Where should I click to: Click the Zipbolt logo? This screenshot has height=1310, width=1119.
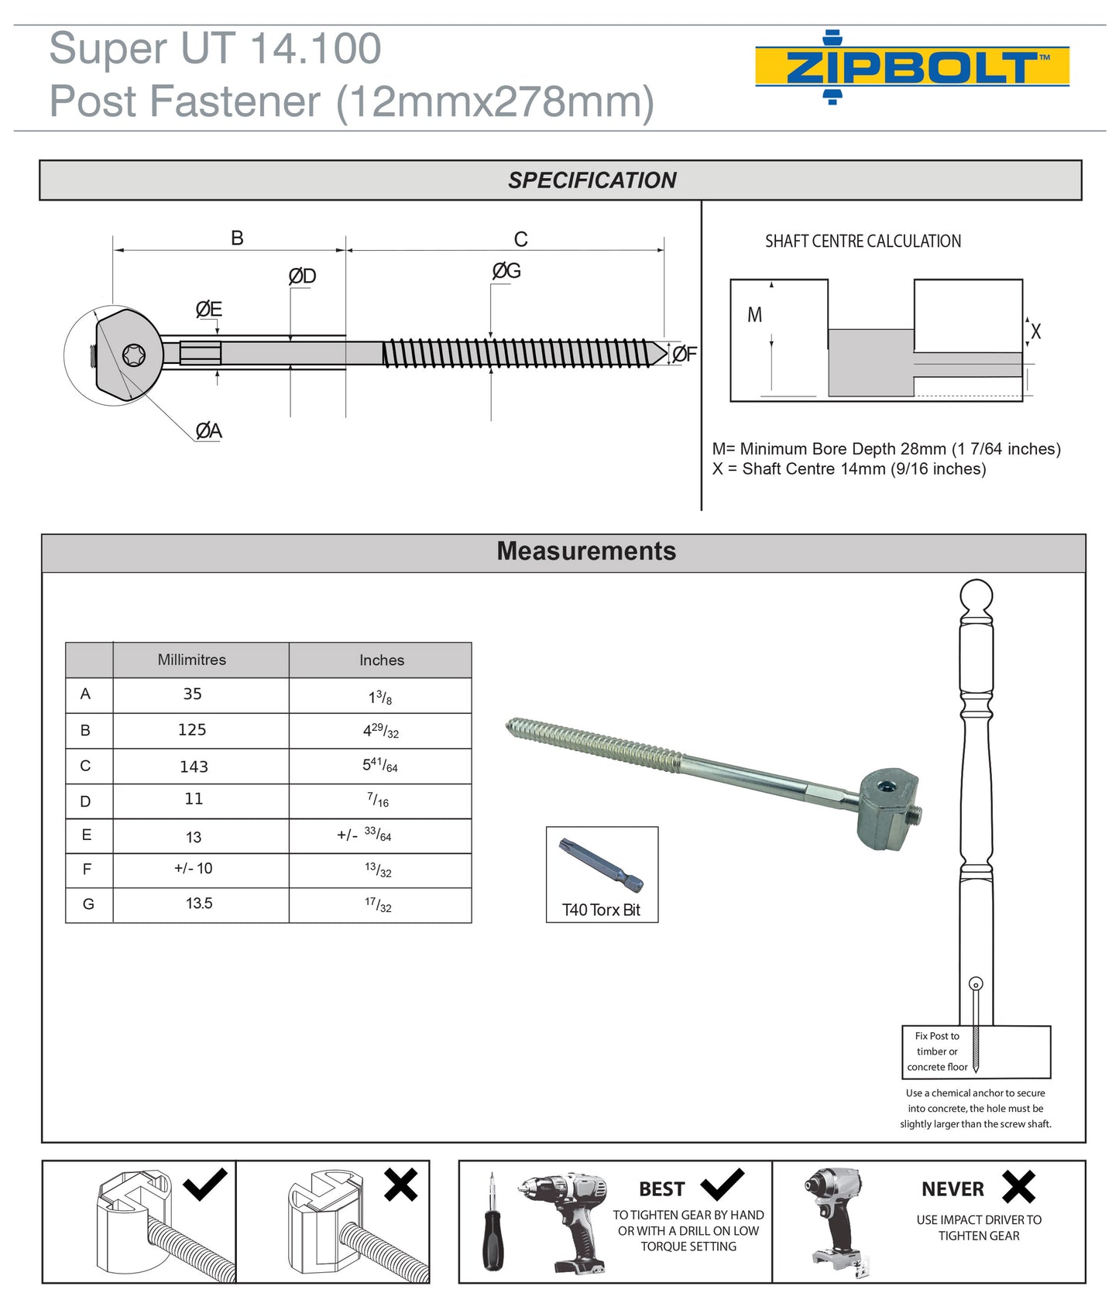click(x=911, y=67)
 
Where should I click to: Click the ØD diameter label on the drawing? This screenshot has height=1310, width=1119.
click(x=302, y=276)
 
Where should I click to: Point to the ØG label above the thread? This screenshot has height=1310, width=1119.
click(x=506, y=271)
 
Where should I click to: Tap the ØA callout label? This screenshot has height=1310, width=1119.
click(x=208, y=430)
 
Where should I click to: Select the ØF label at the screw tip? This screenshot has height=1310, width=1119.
click(x=685, y=354)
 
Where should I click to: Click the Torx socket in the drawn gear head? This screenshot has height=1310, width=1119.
click(x=134, y=355)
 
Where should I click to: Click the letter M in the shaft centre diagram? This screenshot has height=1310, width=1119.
click(x=754, y=315)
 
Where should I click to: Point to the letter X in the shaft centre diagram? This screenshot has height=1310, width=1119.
click(x=1035, y=331)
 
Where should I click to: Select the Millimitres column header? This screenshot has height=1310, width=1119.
click(x=192, y=660)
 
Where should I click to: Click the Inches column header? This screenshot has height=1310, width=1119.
click(x=381, y=660)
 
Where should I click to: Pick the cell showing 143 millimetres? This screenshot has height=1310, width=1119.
click(x=194, y=766)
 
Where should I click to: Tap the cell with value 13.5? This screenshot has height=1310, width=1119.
click(x=199, y=904)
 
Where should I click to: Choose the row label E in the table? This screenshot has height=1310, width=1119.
click(x=87, y=835)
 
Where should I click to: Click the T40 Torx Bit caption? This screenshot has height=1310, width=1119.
click(x=601, y=910)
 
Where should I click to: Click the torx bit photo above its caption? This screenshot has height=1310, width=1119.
click(x=600, y=865)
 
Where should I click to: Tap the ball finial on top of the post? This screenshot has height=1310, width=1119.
click(x=976, y=597)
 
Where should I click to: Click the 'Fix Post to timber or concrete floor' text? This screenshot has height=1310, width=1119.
click(x=937, y=1051)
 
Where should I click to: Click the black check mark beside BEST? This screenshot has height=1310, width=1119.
click(x=722, y=1185)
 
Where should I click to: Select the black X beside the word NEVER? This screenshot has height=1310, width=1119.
click(x=1018, y=1186)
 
